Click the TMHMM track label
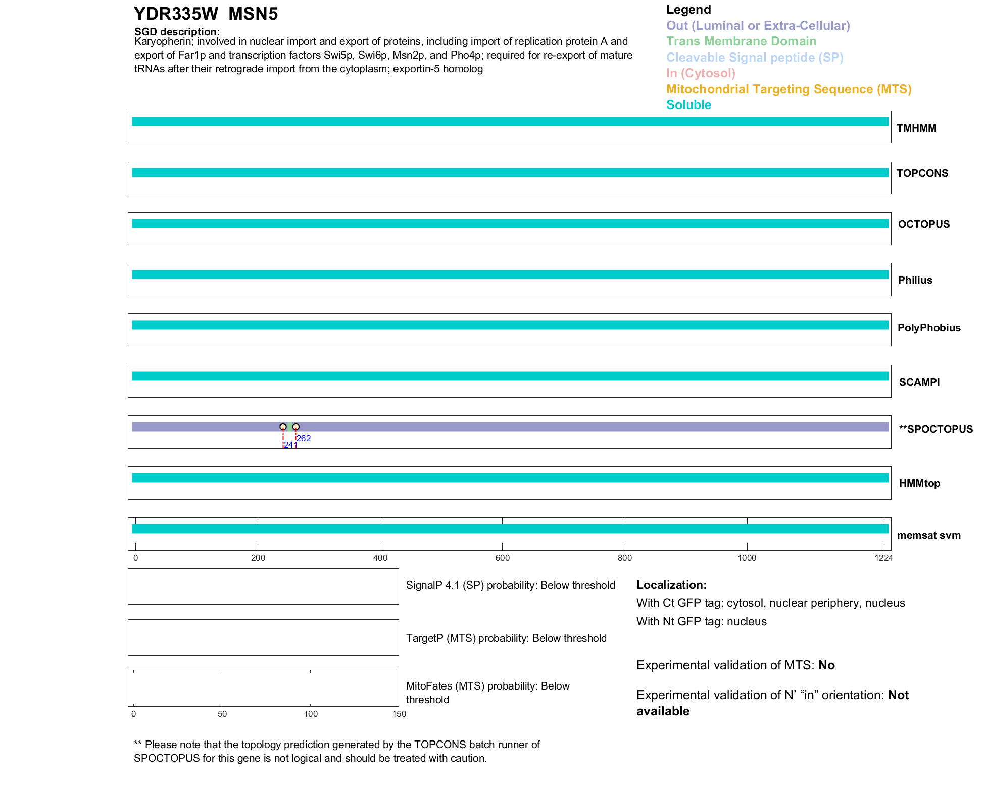(x=916, y=128)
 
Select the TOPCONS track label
(x=922, y=173)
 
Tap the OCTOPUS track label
(x=923, y=224)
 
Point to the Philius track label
(x=915, y=280)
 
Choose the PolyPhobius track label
(x=928, y=328)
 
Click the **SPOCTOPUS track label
(x=935, y=429)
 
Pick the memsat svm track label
(x=928, y=535)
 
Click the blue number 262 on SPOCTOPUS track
(x=304, y=438)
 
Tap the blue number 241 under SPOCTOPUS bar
(x=290, y=445)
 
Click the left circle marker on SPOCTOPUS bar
(x=283, y=427)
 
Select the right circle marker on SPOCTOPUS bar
(x=296, y=427)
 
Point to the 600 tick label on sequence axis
(x=502, y=558)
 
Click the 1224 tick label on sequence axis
(x=883, y=558)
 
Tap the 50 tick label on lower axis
(x=222, y=714)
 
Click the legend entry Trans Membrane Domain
(x=741, y=41)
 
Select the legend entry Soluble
(x=688, y=105)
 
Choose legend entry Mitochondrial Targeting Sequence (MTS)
(x=789, y=89)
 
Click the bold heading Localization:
(x=671, y=585)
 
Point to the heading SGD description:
(x=177, y=32)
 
